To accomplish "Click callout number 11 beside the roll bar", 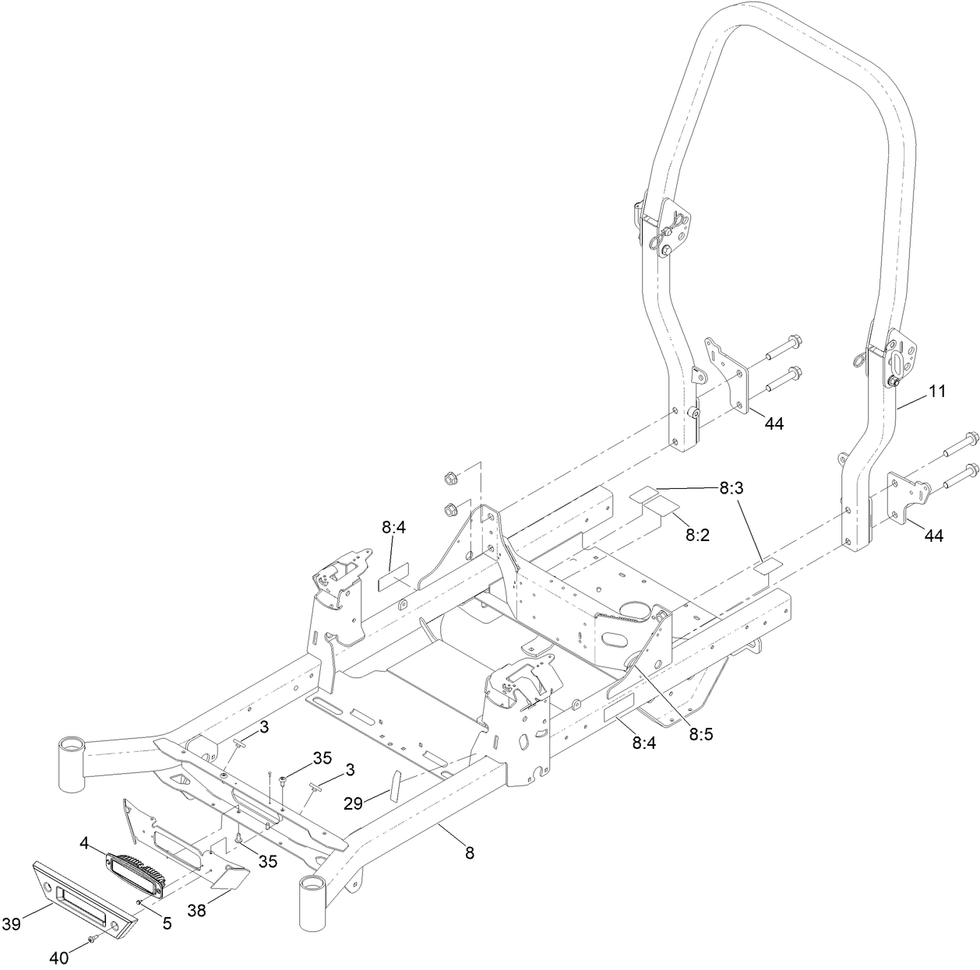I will click(x=936, y=392).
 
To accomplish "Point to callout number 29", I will click(x=353, y=803).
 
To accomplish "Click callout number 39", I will click(x=11, y=924).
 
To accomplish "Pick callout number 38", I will click(x=196, y=909).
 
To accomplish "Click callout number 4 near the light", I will click(x=83, y=842).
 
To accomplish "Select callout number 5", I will click(x=167, y=923).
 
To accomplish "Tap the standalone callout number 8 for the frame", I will click(x=469, y=852).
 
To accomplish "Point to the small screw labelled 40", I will click(x=93, y=940).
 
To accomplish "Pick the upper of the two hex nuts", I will click(x=449, y=477).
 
